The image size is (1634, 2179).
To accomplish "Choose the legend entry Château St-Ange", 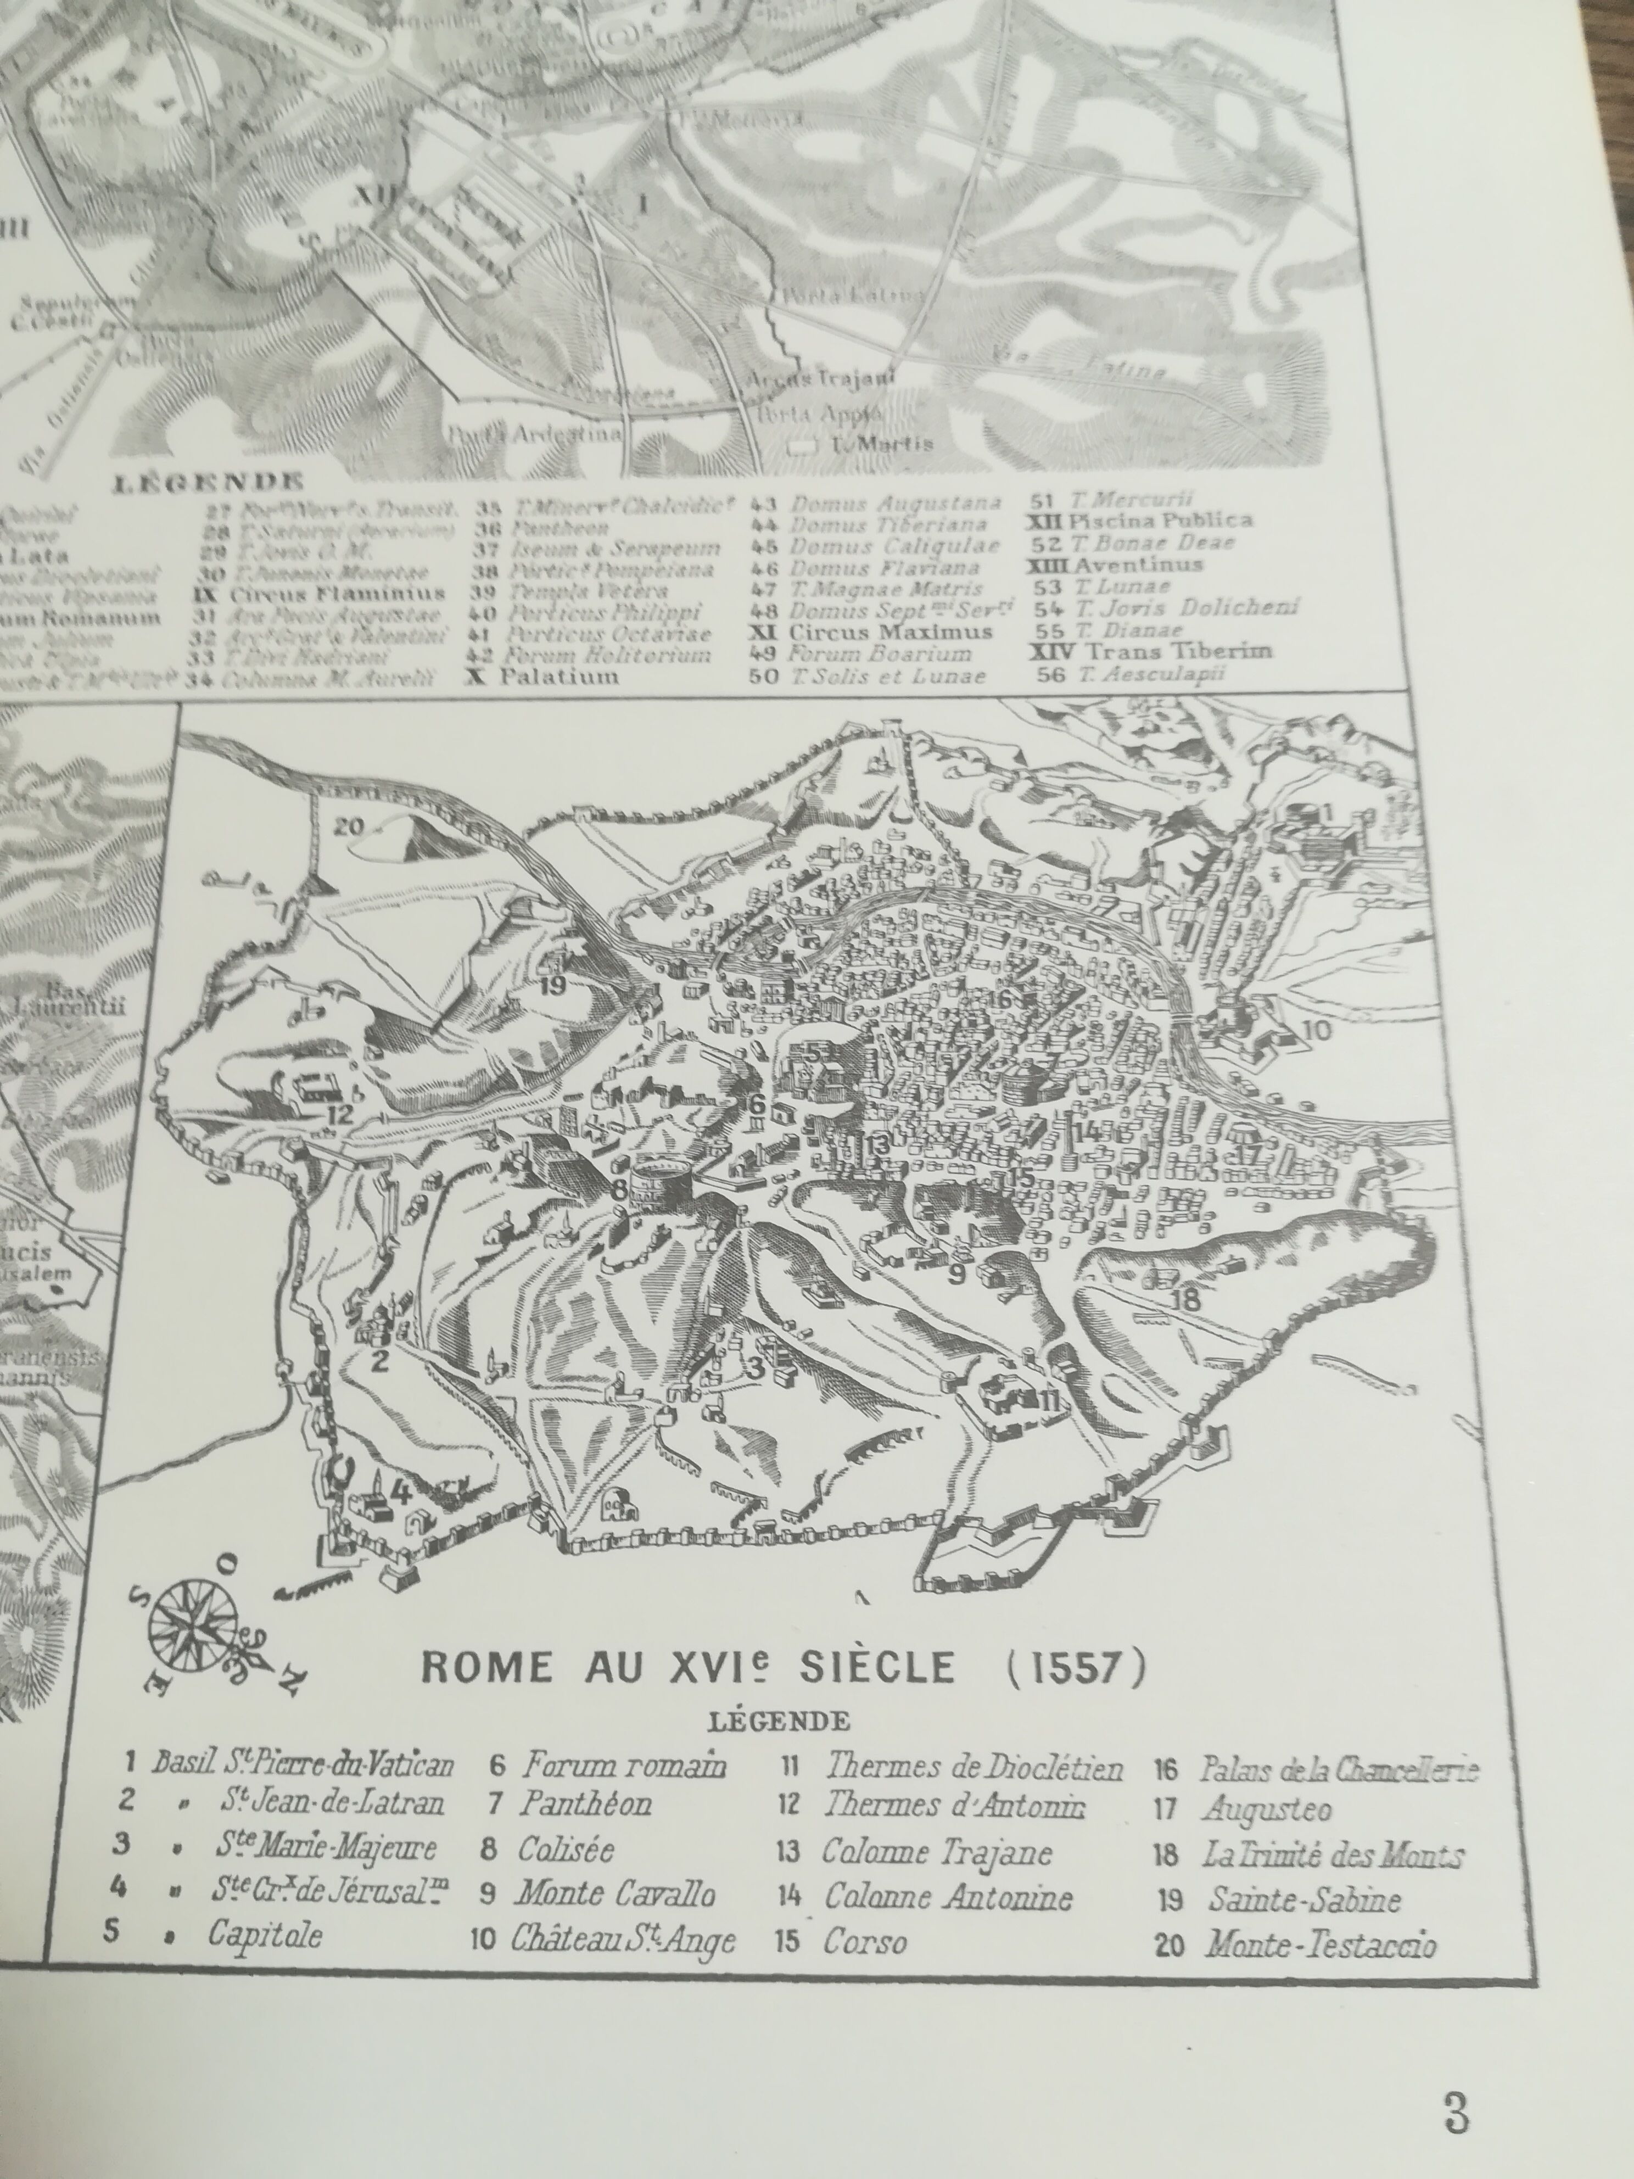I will point(623,1940).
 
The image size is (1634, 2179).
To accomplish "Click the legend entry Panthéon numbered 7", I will point(586,1804).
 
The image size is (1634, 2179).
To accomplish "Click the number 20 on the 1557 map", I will point(348,825).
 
